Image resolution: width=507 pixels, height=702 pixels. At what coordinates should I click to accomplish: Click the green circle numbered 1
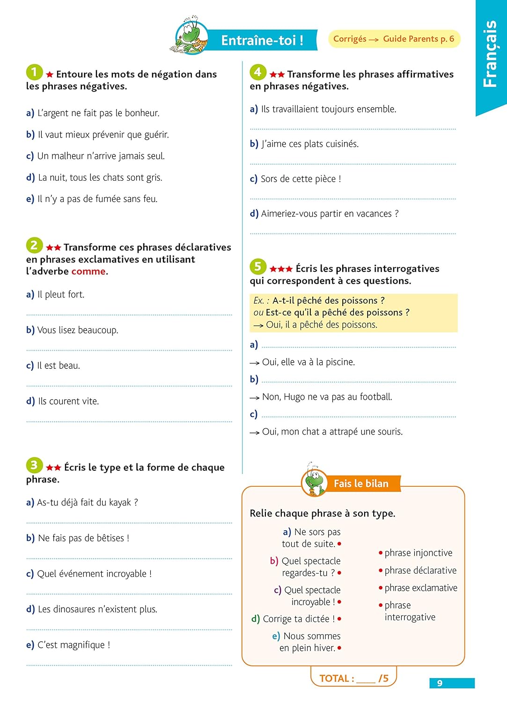tap(34, 72)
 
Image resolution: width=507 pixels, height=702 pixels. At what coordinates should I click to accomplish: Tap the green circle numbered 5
tap(257, 267)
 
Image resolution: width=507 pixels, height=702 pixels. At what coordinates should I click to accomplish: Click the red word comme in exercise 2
tap(88, 271)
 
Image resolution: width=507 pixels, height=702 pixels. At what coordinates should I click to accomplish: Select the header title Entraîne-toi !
tap(262, 40)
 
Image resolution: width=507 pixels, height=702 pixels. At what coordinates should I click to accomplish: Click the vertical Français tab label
tap(490, 54)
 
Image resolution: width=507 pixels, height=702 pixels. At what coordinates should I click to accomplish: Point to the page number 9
tap(440, 683)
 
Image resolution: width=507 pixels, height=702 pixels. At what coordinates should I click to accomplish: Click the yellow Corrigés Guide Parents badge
tap(394, 39)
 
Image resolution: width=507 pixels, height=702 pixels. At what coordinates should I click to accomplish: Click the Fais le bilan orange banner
tap(361, 483)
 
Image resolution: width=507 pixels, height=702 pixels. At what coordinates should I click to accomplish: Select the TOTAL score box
tap(353, 678)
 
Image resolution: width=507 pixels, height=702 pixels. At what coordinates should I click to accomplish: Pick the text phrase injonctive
tap(419, 553)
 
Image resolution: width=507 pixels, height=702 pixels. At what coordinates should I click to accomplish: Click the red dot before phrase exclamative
tap(381, 588)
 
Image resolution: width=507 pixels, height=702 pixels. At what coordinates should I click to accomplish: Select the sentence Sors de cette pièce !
tap(301, 179)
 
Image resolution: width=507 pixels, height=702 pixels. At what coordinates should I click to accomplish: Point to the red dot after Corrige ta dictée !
tap(339, 619)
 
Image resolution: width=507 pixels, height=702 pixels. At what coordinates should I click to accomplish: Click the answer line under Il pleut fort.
tap(129, 314)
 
